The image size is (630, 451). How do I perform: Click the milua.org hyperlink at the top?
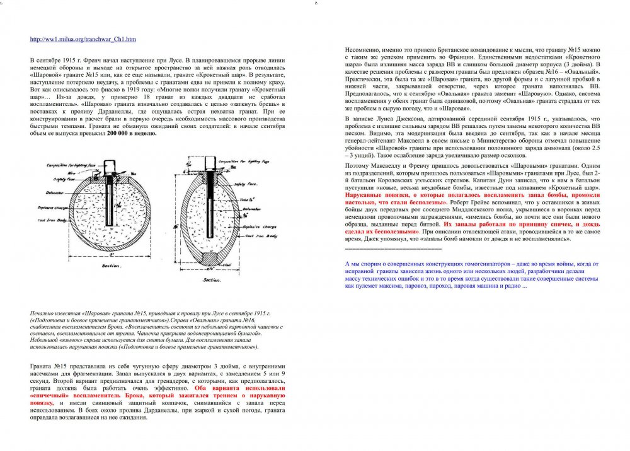tap(83, 39)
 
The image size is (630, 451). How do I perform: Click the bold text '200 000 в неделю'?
tap(132, 134)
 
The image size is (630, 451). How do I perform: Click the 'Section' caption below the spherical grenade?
tap(111, 266)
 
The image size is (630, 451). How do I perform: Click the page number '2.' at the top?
tap(316, 3)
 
